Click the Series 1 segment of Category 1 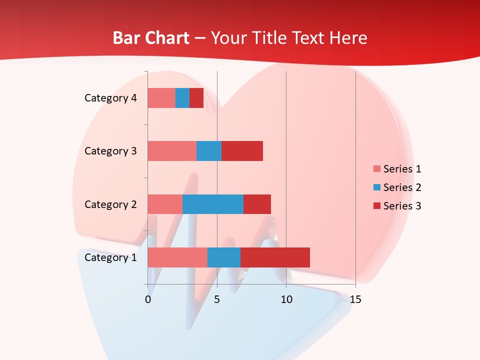(177, 257)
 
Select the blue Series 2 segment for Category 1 (224, 257)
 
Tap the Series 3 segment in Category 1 (275, 257)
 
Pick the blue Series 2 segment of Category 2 (213, 204)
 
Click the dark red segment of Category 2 (257, 204)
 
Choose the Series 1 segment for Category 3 (172, 151)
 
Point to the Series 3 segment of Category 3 (242, 151)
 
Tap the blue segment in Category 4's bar (182, 98)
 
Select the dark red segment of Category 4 (196, 98)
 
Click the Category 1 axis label (110, 257)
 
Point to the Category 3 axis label (110, 151)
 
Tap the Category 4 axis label (110, 98)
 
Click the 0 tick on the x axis (148, 299)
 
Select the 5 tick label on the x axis (217, 299)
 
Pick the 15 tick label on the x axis (355, 299)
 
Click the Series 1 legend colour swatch (376, 169)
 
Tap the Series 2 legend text (402, 187)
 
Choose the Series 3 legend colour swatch (376, 206)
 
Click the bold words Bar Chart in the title (151, 38)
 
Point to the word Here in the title (349, 38)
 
